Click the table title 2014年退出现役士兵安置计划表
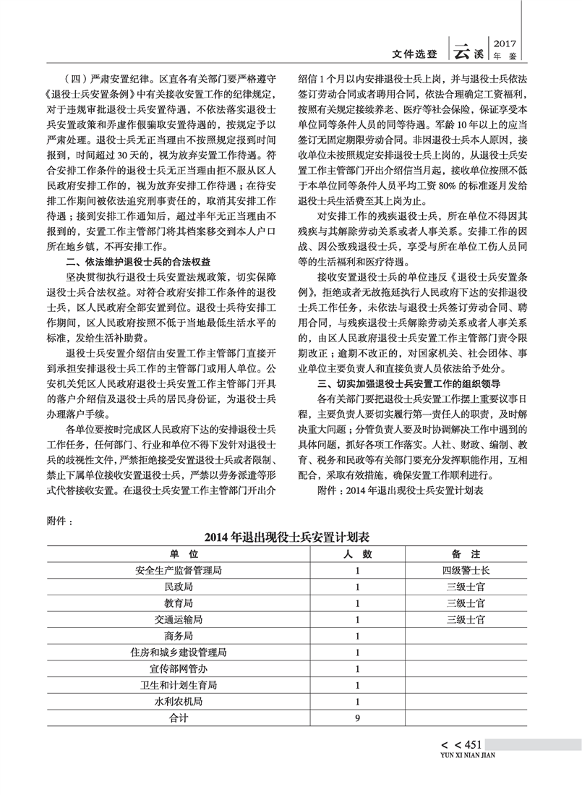(291, 537)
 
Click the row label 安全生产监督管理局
(179, 571)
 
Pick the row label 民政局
(179, 587)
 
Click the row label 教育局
(179, 603)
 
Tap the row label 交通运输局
(179, 620)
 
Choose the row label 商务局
(179, 637)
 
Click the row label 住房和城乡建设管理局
(179, 652)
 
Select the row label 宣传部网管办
(179, 668)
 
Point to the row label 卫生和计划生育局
(179, 685)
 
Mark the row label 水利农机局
(179, 702)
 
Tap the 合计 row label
(179, 718)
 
